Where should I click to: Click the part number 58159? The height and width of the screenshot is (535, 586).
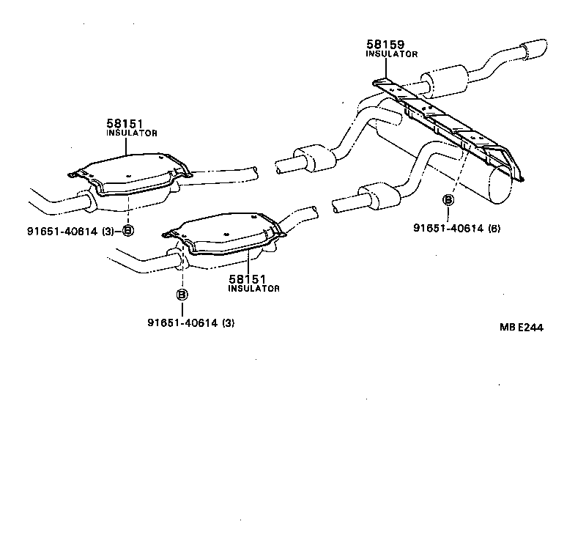tap(385, 44)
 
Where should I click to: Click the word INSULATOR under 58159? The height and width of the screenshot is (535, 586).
tap(392, 54)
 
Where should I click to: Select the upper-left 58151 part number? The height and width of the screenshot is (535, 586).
tap(125, 125)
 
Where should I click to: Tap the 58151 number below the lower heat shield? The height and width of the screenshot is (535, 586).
tap(247, 279)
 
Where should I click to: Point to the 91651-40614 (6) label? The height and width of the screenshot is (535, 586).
tap(456, 228)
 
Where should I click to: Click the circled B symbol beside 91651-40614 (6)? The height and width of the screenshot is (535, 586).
tap(448, 200)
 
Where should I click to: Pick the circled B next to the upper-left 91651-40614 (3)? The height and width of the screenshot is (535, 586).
tap(127, 231)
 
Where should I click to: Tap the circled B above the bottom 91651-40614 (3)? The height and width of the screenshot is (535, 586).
tap(182, 295)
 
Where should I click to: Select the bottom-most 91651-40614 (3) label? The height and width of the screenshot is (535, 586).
tap(191, 323)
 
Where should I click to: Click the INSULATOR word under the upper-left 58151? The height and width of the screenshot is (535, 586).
tap(132, 134)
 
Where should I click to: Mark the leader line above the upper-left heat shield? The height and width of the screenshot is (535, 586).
tap(126, 146)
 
